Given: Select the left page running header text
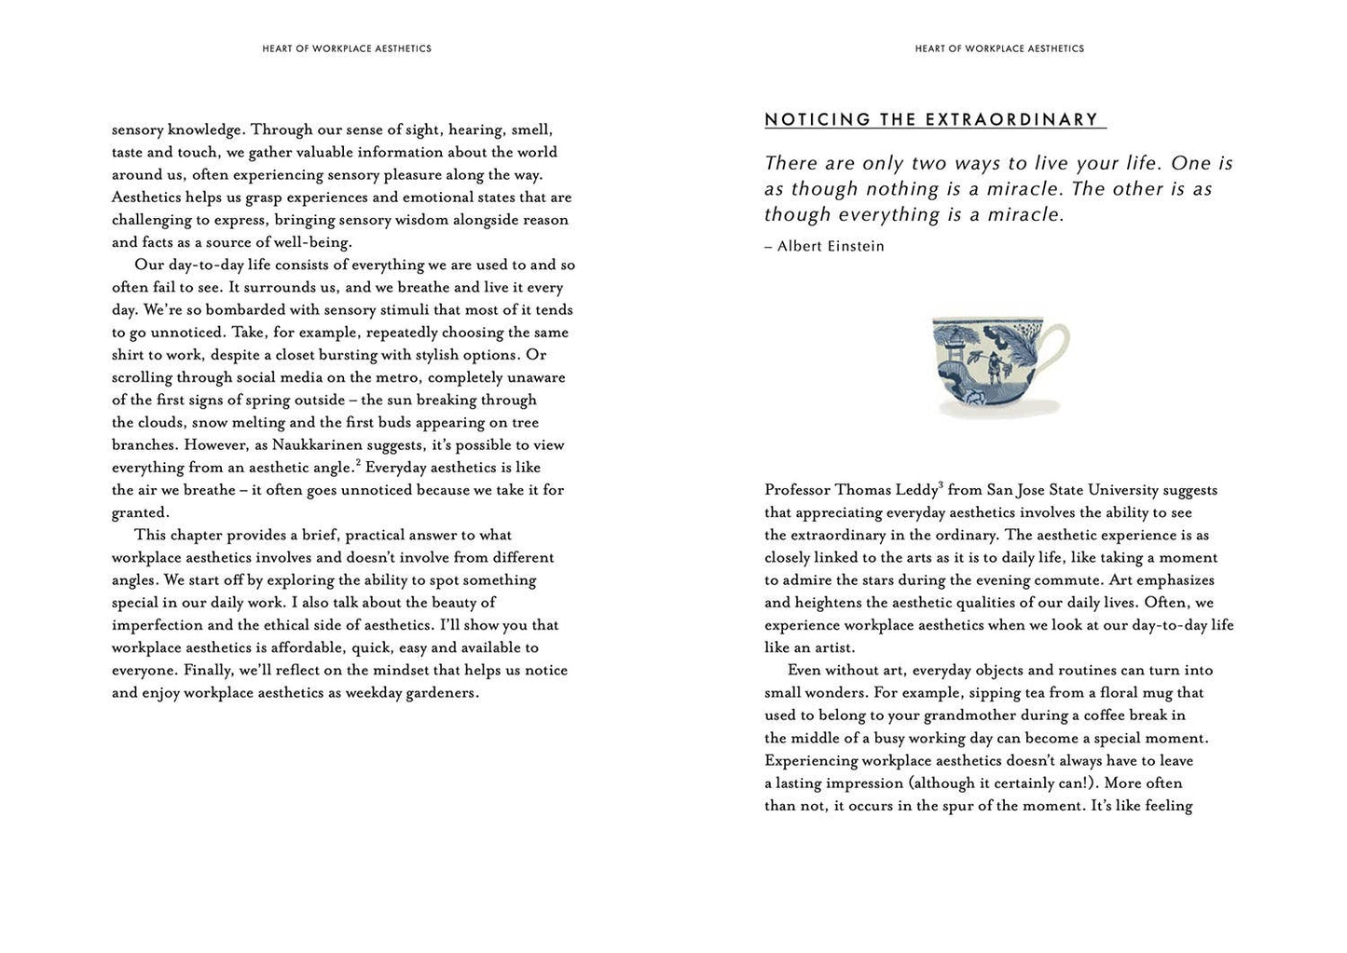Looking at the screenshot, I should point(347,48).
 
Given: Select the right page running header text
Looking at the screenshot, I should point(999,48).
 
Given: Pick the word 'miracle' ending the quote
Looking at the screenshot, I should point(1025,215).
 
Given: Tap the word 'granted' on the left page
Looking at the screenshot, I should point(139,512).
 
